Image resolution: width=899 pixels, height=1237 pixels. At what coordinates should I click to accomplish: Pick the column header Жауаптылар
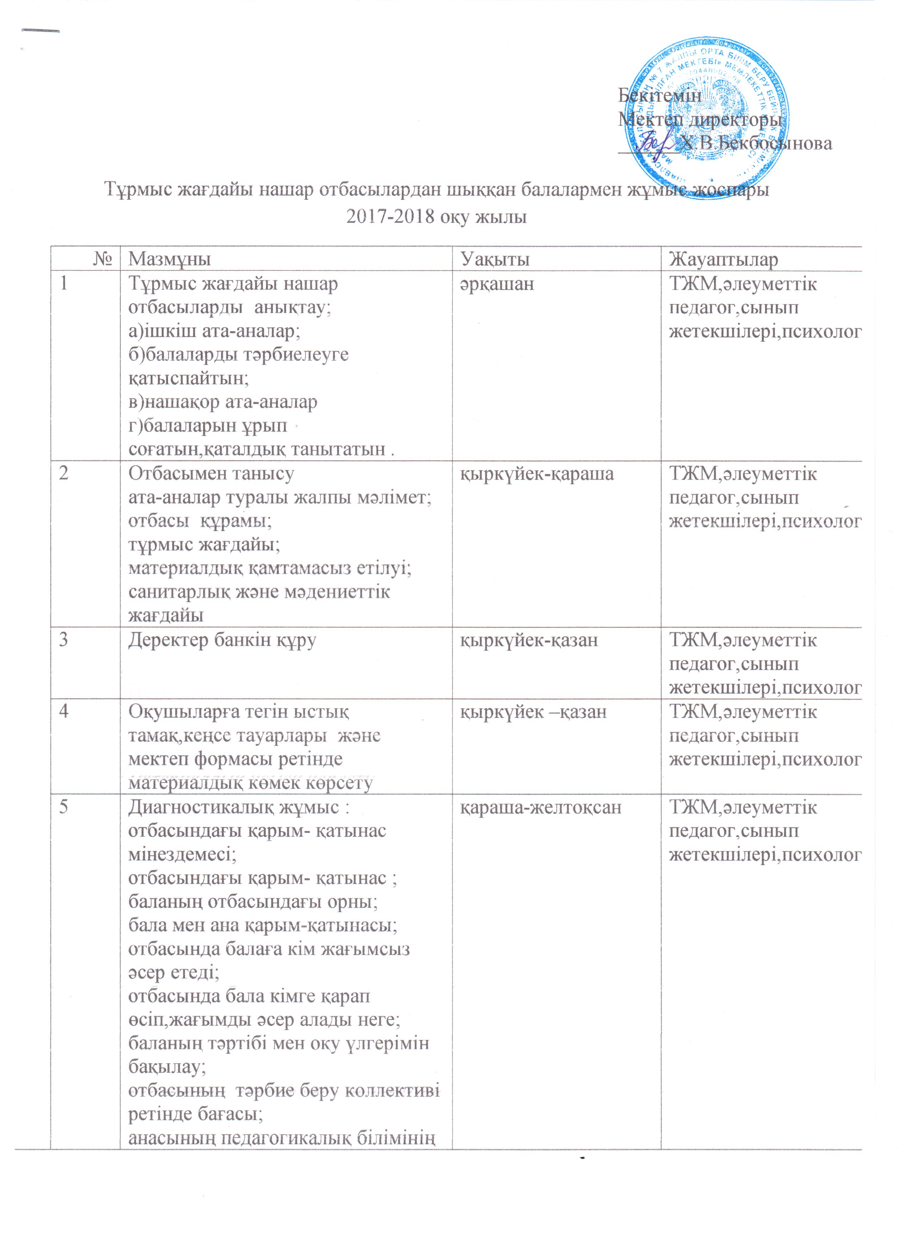tap(724, 259)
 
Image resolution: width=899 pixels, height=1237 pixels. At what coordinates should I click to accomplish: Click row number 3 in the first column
tap(64, 640)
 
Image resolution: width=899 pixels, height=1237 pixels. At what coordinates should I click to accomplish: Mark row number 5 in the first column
tap(64, 807)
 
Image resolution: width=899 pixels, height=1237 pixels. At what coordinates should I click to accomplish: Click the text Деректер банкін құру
tap(222, 640)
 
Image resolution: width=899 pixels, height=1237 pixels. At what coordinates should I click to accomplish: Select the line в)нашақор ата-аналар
tap(222, 402)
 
